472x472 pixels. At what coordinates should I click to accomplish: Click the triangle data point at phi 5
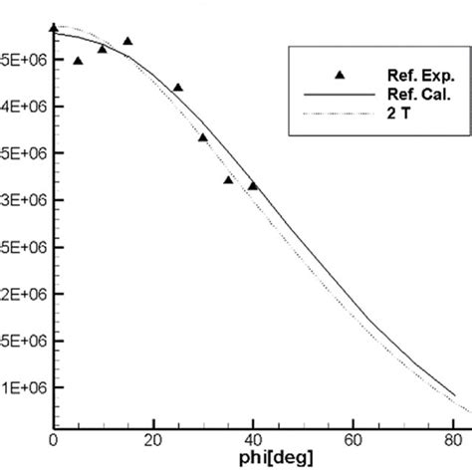point(78,61)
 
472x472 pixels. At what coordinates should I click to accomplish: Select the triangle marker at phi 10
point(103,49)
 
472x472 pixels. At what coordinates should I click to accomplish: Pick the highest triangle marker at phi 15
point(127,41)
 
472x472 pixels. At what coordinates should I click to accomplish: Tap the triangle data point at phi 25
point(177,88)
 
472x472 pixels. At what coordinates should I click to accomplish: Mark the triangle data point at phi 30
point(202,137)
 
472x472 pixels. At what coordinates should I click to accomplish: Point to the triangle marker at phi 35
point(228,179)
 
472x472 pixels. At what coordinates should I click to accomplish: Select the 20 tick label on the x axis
point(153,435)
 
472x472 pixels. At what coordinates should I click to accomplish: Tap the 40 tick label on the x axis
point(253,435)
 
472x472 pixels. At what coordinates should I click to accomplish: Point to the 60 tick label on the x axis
point(353,435)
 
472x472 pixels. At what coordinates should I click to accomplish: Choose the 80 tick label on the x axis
point(452,435)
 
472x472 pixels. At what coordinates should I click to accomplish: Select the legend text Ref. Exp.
point(403,75)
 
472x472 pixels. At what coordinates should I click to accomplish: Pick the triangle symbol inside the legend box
point(339,74)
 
